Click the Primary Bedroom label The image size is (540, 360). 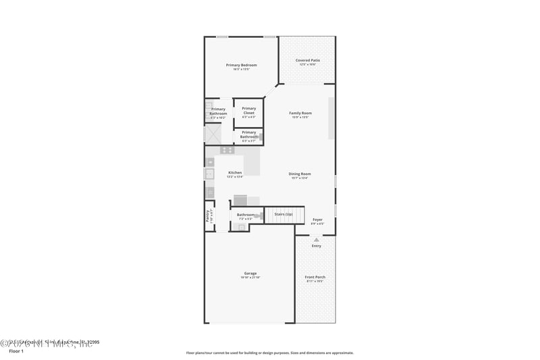[242, 65]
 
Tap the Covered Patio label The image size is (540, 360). [307, 60]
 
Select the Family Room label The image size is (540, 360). [300, 113]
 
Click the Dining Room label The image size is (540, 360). [300, 174]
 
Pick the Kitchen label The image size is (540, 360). [234, 172]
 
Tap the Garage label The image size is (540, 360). [250, 273]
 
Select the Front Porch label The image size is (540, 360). [315, 276]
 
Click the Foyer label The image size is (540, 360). [317, 219]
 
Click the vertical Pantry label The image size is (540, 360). [208, 215]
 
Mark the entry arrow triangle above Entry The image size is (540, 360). [316, 239]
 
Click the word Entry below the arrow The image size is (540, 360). [316, 246]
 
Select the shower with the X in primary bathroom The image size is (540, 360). [213, 134]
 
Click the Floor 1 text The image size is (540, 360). [16, 351]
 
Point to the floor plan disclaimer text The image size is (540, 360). [269, 353]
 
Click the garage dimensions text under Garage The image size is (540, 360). [250, 278]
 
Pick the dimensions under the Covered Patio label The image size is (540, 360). [307, 65]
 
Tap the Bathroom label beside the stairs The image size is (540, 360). [245, 215]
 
